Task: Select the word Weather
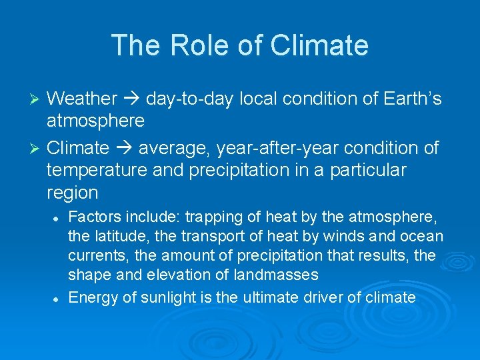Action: click(82, 99)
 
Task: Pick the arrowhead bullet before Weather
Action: click(37, 99)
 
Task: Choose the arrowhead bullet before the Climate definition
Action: click(37, 148)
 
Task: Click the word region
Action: click(72, 193)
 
